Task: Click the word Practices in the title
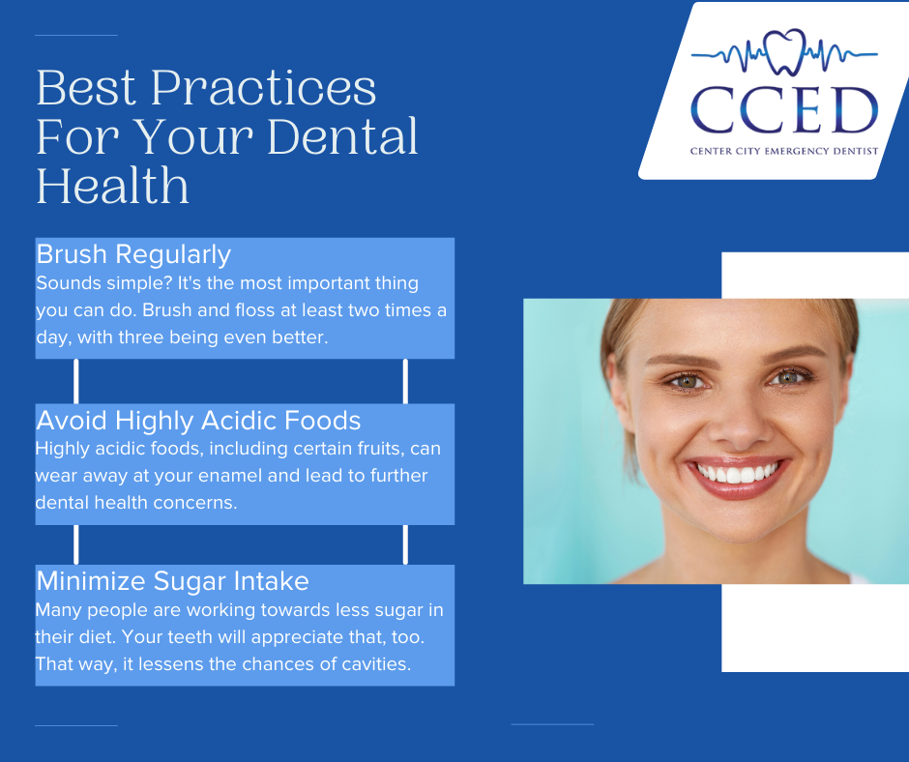click(x=264, y=88)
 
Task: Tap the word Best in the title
click(x=86, y=88)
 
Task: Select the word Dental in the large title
click(x=342, y=136)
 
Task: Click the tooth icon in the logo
click(x=785, y=52)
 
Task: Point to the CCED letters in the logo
click(x=784, y=110)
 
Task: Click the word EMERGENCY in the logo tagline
click(x=797, y=152)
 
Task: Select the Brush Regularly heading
click(x=133, y=254)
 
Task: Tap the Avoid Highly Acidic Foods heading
click(x=198, y=421)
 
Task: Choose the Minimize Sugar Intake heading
click(x=173, y=581)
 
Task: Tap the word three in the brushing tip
click(x=139, y=337)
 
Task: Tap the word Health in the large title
click(x=113, y=186)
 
